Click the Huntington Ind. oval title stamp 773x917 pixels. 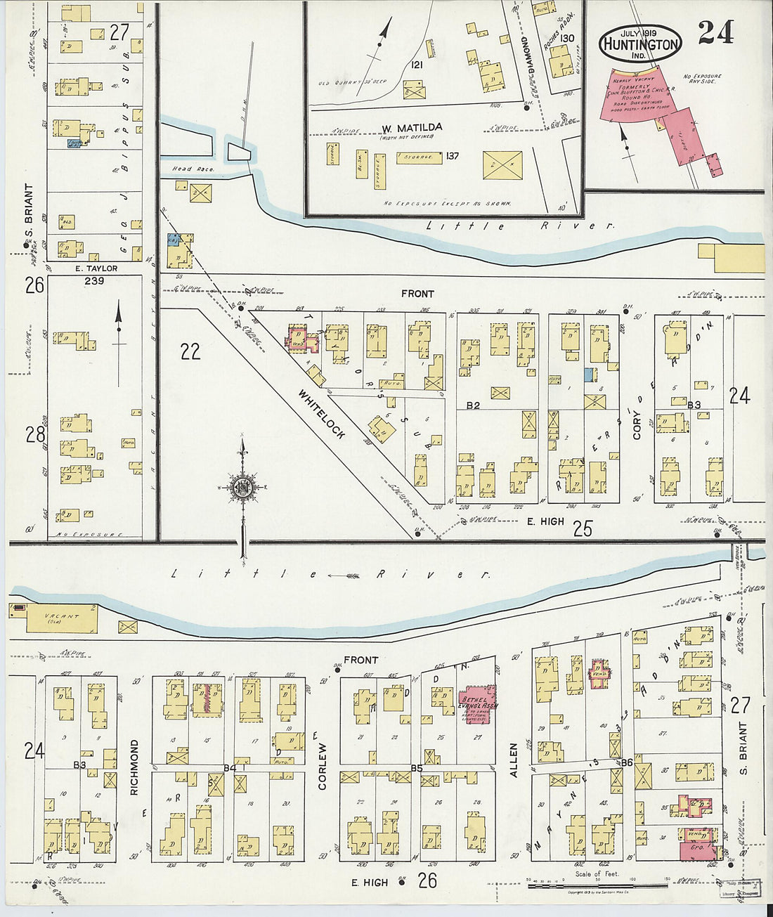point(639,44)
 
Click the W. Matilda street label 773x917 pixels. point(412,128)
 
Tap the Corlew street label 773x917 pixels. point(323,766)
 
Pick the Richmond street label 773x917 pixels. point(134,767)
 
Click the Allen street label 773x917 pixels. point(513,760)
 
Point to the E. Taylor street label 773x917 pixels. point(97,268)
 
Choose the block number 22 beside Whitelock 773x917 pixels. point(190,351)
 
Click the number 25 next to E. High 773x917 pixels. point(583,528)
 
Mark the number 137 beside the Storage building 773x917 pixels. point(452,156)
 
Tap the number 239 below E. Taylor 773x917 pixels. point(94,281)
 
